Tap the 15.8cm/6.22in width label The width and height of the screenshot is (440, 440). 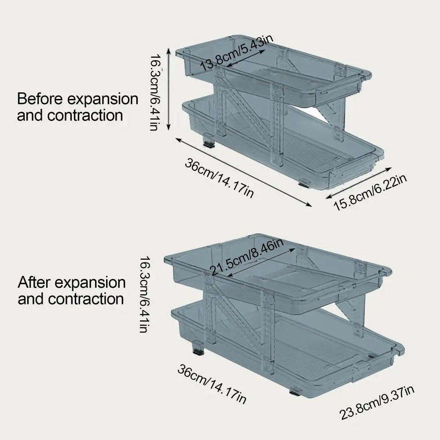370,193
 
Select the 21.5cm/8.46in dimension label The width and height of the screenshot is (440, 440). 247,257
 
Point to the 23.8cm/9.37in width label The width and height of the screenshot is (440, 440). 377,403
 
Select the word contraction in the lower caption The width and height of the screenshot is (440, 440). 86,299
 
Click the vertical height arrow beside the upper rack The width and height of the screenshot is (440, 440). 169,89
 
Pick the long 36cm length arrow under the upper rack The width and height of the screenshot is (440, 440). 244,172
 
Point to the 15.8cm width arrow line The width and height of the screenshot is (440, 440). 359,183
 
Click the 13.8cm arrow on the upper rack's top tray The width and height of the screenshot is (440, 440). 246,59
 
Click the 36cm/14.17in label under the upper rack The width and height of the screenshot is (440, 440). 219,178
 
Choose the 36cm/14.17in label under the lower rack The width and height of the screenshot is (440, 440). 212,384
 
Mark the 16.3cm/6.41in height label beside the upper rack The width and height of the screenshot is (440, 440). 156,92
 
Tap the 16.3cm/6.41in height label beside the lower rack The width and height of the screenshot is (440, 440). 146,294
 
